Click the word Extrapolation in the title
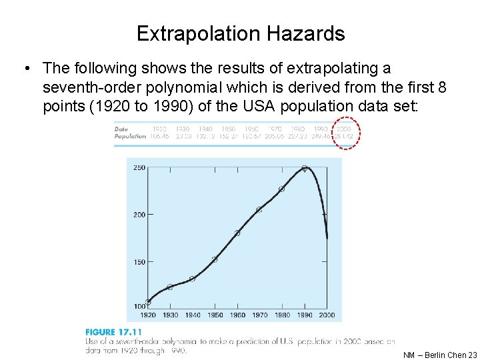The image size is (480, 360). pyautogui.click(x=199, y=33)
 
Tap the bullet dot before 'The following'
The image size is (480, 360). pyautogui.click(x=25, y=68)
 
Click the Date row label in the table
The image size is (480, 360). pyautogui.click(x=121, y=129)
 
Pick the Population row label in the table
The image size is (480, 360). pyautogui.click(x=130, y=136)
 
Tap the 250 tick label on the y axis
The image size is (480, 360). pyautogui.click(x=139, y=168)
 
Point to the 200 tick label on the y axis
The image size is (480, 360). pyautogui.click(x=139, y=215)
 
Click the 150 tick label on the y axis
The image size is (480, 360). pyautogui.click(x=139, y=262)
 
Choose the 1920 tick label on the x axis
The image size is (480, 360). pyautogui.click(x=148, y=315)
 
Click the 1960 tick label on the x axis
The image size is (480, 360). pyautogui.click(x=237, y=315)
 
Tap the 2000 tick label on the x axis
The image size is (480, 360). pyautogui.click(x=327, y=315)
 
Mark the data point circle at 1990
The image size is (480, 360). pyautogui.click(x=304, y=169)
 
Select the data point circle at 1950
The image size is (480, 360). pyautogui.click(x=215, y=259)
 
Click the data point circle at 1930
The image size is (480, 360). pyautogui.click(x=170, y=287)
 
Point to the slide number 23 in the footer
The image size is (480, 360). pyautogui.click(x=473, y=355)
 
